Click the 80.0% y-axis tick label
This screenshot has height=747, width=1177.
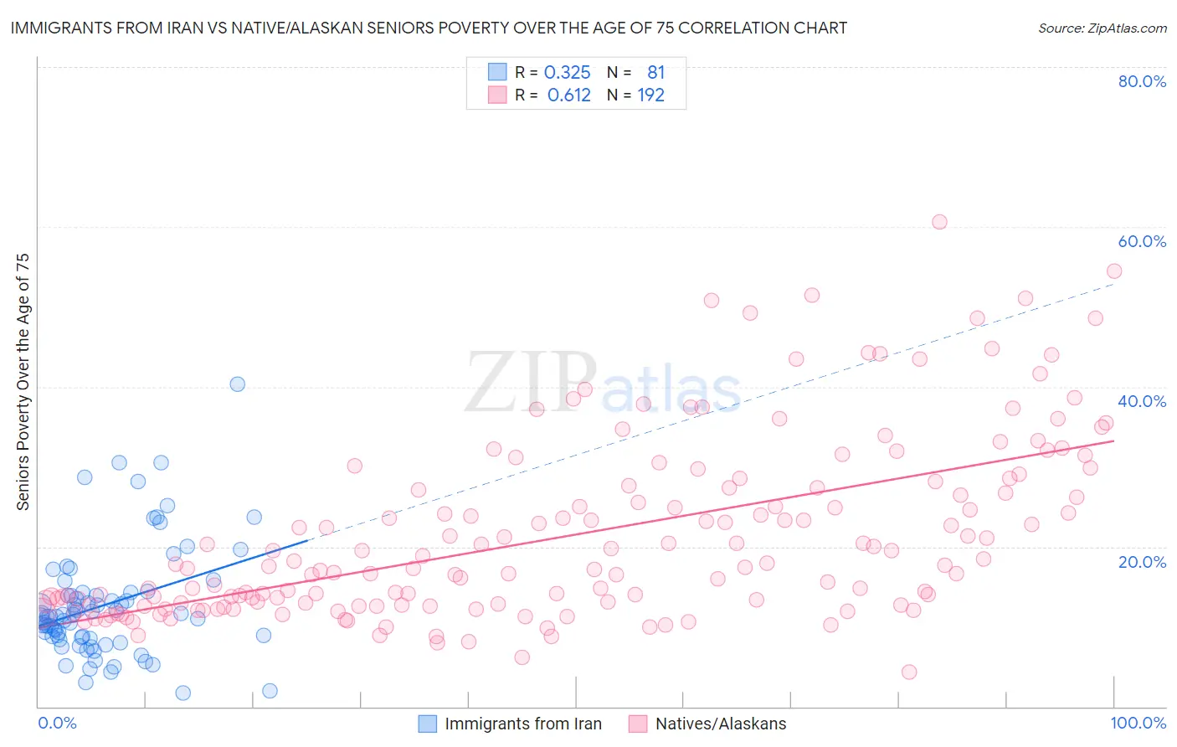tap(1142, 81)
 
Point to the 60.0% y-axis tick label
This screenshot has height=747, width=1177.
tap(1142, 241)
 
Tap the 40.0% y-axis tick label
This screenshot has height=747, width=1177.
tap(1142, 401)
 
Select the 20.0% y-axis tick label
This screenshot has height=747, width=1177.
tap(1142, 562)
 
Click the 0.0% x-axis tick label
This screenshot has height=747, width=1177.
tap(57, 723)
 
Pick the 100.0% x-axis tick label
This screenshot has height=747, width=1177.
tap(1138, 723)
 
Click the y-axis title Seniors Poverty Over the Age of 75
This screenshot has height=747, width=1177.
tap(23, 382)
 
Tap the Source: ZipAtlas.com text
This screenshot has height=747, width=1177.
tap(1102, 28)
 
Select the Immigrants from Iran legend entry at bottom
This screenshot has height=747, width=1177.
tap(511, 724)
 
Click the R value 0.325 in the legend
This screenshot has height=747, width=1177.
tap(567, 73)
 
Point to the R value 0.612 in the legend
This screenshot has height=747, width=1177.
tap(568, 95)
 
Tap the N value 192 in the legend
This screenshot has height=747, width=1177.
tap(650, 95)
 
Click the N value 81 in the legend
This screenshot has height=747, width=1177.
tap(655, 73)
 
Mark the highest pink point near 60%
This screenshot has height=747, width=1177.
tap(939, 222)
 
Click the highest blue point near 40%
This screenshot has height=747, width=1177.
tap(238, 384)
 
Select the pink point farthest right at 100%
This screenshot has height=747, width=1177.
tap(1114, 270)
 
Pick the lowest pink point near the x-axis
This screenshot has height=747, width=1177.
tap(909, 672)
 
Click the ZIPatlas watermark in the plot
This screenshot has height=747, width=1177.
tap(603, 383)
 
